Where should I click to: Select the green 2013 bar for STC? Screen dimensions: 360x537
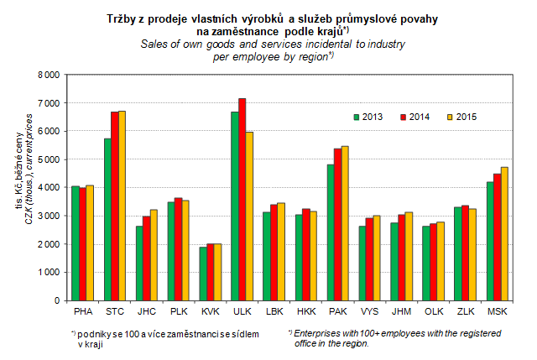pos(107,219)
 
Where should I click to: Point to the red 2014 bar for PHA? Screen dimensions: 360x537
pos(84,243)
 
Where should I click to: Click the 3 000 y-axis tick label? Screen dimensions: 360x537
pos(47,216)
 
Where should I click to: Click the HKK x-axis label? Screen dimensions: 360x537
pos(305,312)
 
